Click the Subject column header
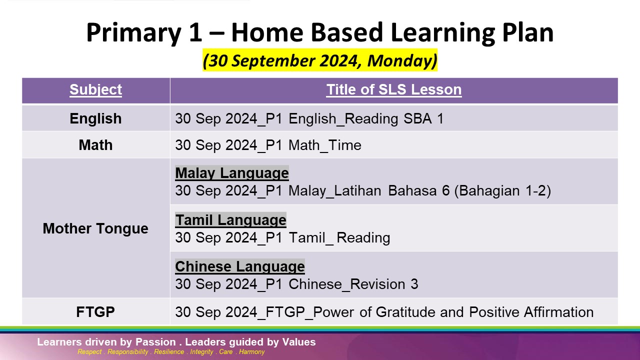tap(95, 89)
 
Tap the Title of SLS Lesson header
tap(394, 89)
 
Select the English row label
tap(95, 119)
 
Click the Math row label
tap(95, 145)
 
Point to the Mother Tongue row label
tap(95, 228)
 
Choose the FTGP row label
tap(95, 312)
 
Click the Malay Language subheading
tap(232, 173)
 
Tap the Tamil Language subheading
tap(231, 220)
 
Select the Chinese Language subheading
tap(240, 266)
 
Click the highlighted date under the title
tap(320, 60)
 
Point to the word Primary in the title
tap(134, 33)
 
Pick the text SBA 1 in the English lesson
tap(423, 118)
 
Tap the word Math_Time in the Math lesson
tap(325, 145)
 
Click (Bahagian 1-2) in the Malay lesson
tap(502, 191)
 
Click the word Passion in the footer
tap(155, 342)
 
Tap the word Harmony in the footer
tap(251, 351)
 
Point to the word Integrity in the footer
tap(201, 351)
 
